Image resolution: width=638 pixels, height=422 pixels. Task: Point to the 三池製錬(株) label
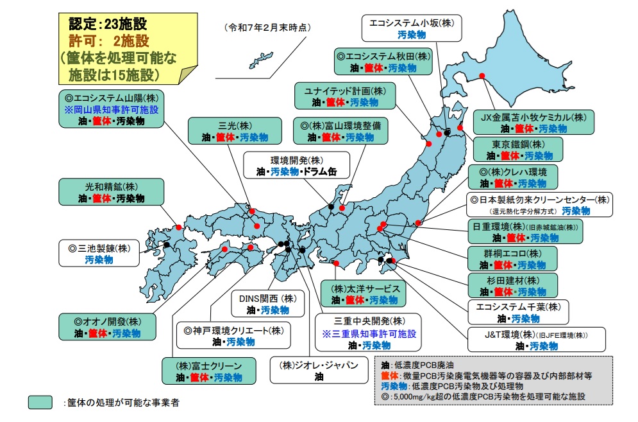click(99, 253)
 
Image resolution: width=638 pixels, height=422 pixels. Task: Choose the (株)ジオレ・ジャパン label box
click(318, 371)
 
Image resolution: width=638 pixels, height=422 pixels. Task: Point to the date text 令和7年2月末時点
click(267, 28)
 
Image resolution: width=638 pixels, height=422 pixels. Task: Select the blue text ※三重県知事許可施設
click(369, 334)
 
